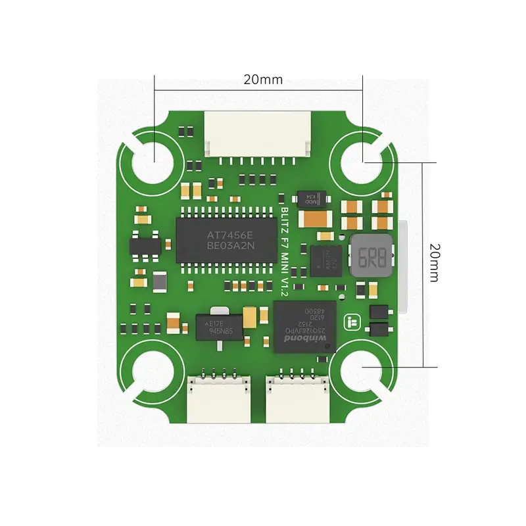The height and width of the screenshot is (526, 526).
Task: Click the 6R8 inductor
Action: (370, 255)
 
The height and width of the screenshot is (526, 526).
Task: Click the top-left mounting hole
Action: (153, 158)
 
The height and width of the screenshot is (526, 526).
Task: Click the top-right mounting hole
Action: (363, 158)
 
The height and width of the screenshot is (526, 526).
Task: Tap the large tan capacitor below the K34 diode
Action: (316, 218)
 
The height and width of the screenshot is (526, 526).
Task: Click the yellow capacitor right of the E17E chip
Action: (251, 318)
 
